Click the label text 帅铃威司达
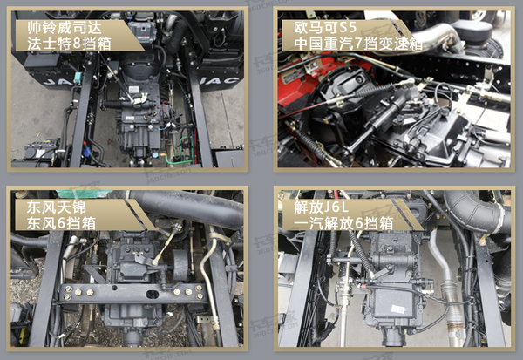65,28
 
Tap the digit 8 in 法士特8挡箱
77,44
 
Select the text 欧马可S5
325,28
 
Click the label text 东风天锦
57,207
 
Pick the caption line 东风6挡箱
61,223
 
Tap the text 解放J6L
321,207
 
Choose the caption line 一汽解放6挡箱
343,223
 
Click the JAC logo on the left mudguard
57,82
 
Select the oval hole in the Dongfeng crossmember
153,295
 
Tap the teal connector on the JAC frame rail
78,76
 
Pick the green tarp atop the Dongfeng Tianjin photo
84,194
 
